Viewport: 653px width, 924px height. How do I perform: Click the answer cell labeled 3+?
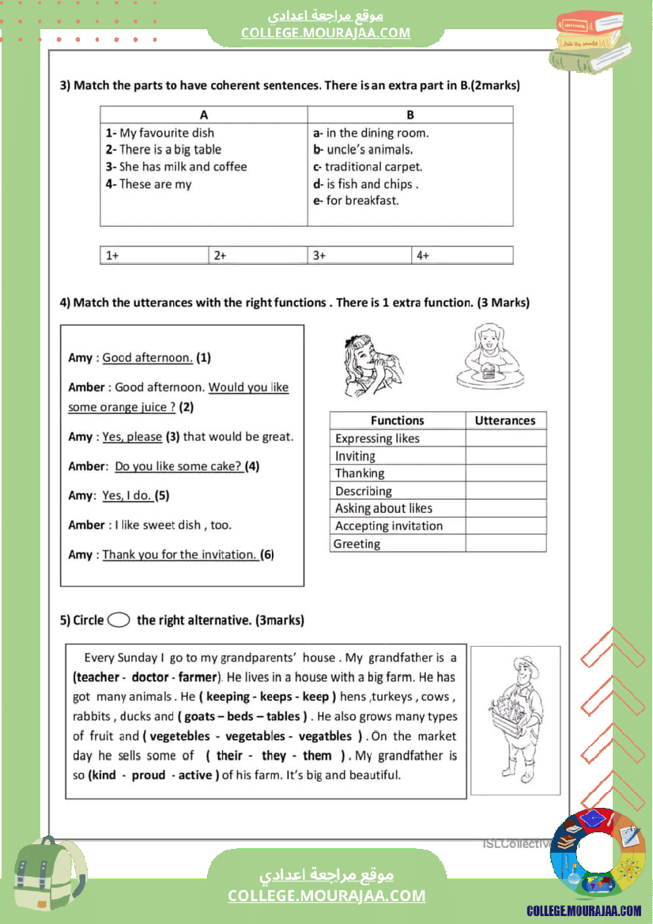click(x=359, y=255)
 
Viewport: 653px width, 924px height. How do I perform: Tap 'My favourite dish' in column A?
click(x=166, y=133)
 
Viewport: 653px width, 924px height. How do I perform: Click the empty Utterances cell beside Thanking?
click(x=505, y=473)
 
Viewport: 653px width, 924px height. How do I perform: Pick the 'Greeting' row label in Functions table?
click(x=357, y=544)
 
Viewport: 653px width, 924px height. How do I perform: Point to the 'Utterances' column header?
click(x=505, y=421)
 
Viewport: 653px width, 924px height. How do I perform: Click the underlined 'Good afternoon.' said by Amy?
click(x=147, y=357)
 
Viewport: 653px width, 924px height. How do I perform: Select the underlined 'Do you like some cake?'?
click(x=179, y=466)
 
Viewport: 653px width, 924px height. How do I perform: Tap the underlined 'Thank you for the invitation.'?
click(x=180, y=555)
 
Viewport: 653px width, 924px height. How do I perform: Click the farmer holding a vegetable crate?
click(x=515, y=719)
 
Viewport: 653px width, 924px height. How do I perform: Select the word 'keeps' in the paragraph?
click(x=275, y=697)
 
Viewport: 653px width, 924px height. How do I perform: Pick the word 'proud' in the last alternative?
click(x=149, y=775)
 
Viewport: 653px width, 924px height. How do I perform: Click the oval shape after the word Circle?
click(x=119, y=620)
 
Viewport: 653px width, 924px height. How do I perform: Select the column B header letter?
click(x=410, y=115)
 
